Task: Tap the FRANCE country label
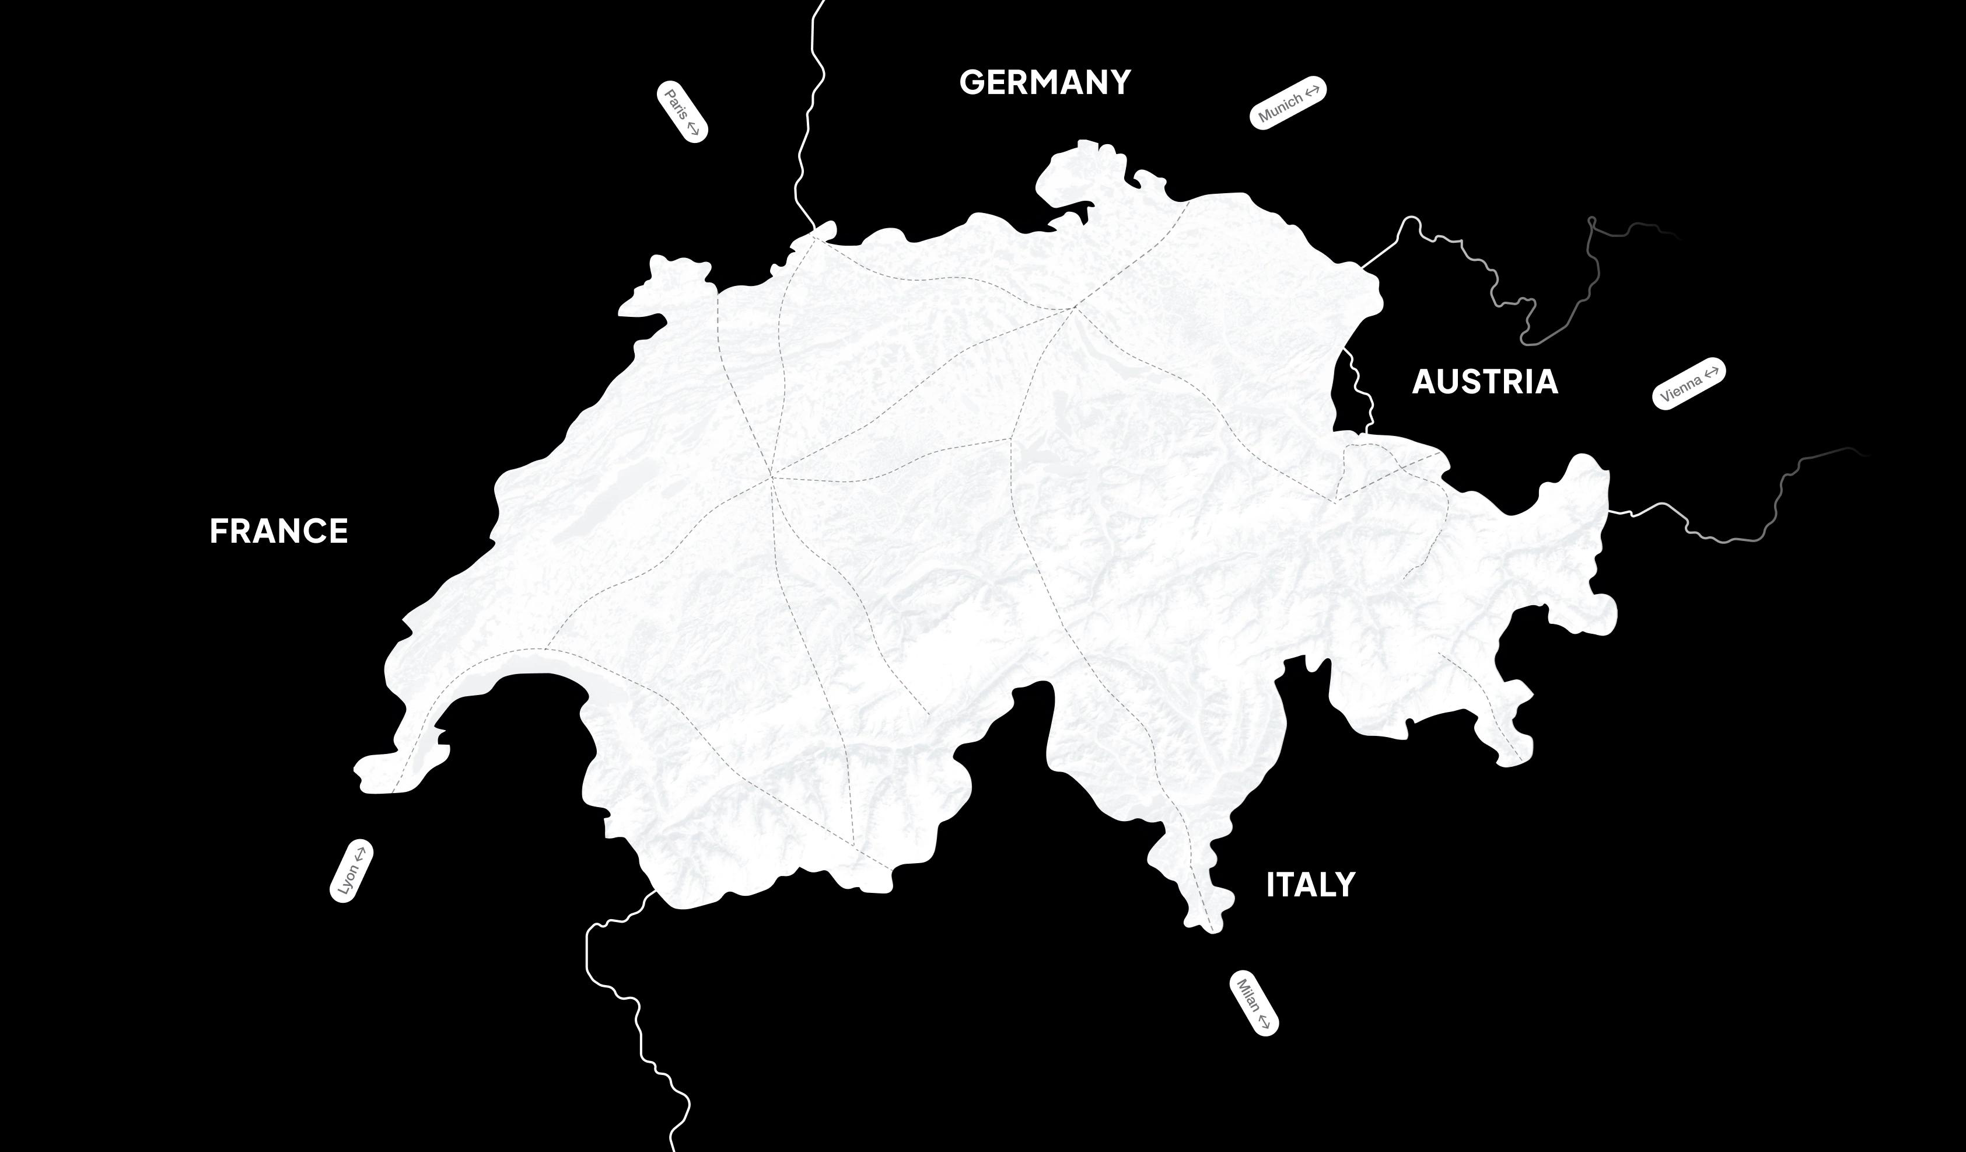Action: click(x=278, y=532)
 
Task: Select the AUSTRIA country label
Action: click(x=1485, y=382)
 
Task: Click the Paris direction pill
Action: click(x=682, y=111)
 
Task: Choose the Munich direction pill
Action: click(x=1288, y=102)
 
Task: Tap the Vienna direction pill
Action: click(x=1689, y=383)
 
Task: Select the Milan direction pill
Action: click(x=1254, y=1004)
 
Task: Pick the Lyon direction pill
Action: click(x=351, y=871)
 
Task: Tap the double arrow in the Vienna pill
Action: click(x=1711, y=373)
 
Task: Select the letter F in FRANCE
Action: click(x=218, y=532)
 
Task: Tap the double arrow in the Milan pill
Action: click(x=1264, y=1020)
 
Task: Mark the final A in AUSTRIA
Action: click(x=1545, y=382)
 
